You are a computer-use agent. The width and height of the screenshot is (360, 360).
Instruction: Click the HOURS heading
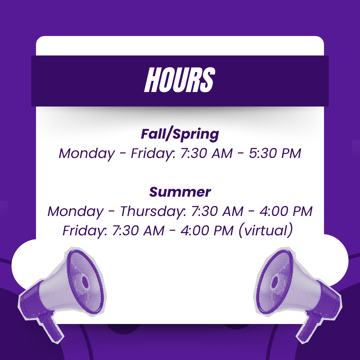180,80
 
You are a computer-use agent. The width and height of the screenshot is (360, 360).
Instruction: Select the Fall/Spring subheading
180,134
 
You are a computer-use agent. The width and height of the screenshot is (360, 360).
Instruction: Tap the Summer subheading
180,192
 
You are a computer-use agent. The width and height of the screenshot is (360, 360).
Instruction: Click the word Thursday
153,211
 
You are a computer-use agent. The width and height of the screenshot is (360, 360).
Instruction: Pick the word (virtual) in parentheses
266,231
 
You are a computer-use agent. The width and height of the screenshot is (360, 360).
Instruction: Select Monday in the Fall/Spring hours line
87,154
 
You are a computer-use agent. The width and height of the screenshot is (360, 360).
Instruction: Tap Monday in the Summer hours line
75,211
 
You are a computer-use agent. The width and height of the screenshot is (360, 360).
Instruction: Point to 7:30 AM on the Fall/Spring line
206,154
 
